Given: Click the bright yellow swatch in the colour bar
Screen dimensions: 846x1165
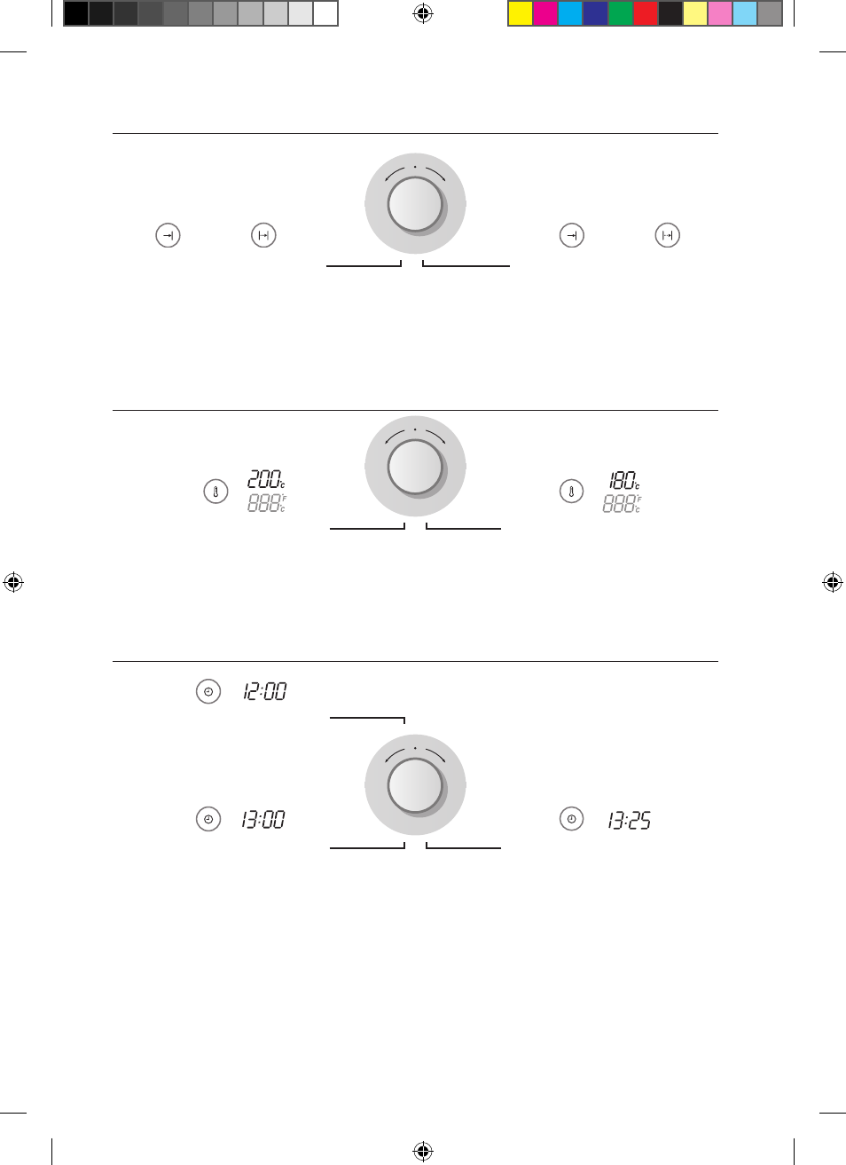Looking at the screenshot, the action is pyautogui.click(x=521, y=13).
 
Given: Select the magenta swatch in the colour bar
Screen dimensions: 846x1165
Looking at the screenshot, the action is pyautogui.click(x=545, y=13).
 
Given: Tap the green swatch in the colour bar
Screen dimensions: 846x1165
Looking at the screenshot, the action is pyautogui.click(x=620, y=13).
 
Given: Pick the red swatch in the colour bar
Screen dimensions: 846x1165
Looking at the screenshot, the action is pyautogui.click(x=645, y=13).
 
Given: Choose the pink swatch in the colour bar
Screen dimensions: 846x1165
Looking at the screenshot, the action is pyautogui.click(x=720, y=13).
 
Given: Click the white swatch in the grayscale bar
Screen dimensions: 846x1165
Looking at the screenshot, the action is pyautogui.click(x=325, y=13).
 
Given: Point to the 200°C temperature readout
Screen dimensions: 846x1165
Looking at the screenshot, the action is pyautogui.click(x=266, y=479).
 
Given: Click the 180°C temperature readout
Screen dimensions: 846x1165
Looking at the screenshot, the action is pyautogui.click(x=623, y=480).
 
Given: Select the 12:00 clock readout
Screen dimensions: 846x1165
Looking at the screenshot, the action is pyautogui.click(x=264, y=691).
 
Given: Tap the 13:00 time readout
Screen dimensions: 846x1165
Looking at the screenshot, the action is pyautogui.click(x=263, y=819).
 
